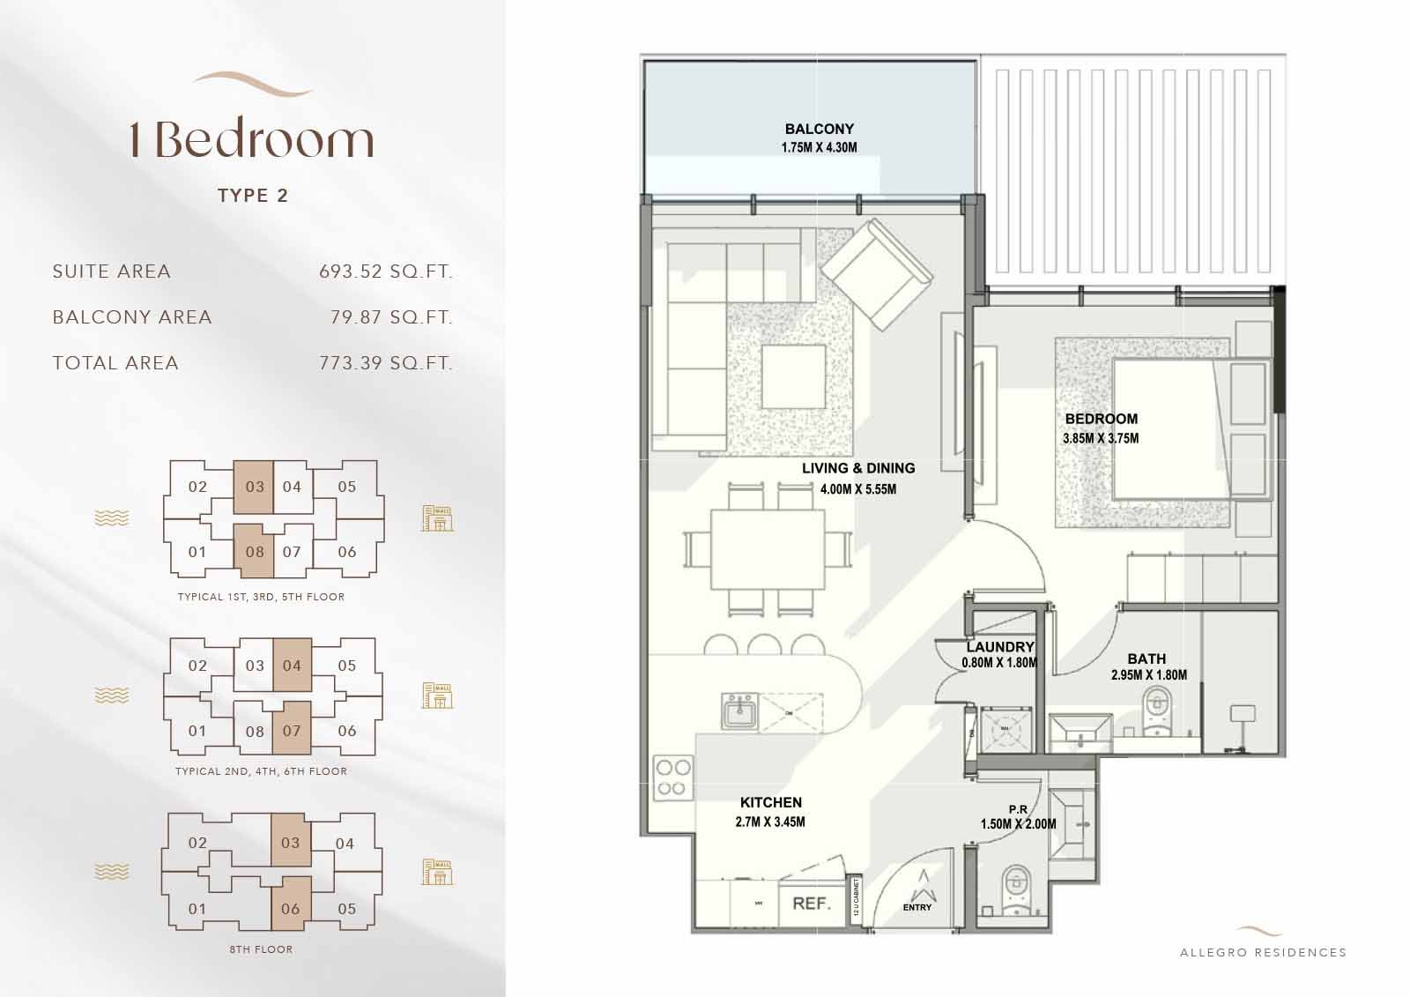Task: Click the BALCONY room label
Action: (x=819, y=129)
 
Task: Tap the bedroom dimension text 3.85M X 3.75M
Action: (x=1101, y=438)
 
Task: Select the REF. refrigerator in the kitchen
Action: (x=812, y=904)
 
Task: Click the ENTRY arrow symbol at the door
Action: (x=923, y=884)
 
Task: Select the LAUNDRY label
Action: (x=999, y=647)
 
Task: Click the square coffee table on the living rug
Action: (x=795, y=376)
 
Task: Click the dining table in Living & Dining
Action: (x=768, y=549)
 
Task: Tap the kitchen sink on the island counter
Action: (x=739, y=711)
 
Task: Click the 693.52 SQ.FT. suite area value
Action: (x=385, y=272)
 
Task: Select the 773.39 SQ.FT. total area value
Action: (x=385, y=363)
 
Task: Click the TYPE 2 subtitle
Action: (x=253, y=196)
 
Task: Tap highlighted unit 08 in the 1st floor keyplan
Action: (x=254, y=553)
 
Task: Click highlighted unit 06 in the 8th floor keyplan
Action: (x=291, y=910)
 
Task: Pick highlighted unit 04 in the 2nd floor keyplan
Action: (x=292, y=666)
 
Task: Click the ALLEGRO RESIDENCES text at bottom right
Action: (x=1263, y=952)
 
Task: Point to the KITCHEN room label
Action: (x=770, y=802)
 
